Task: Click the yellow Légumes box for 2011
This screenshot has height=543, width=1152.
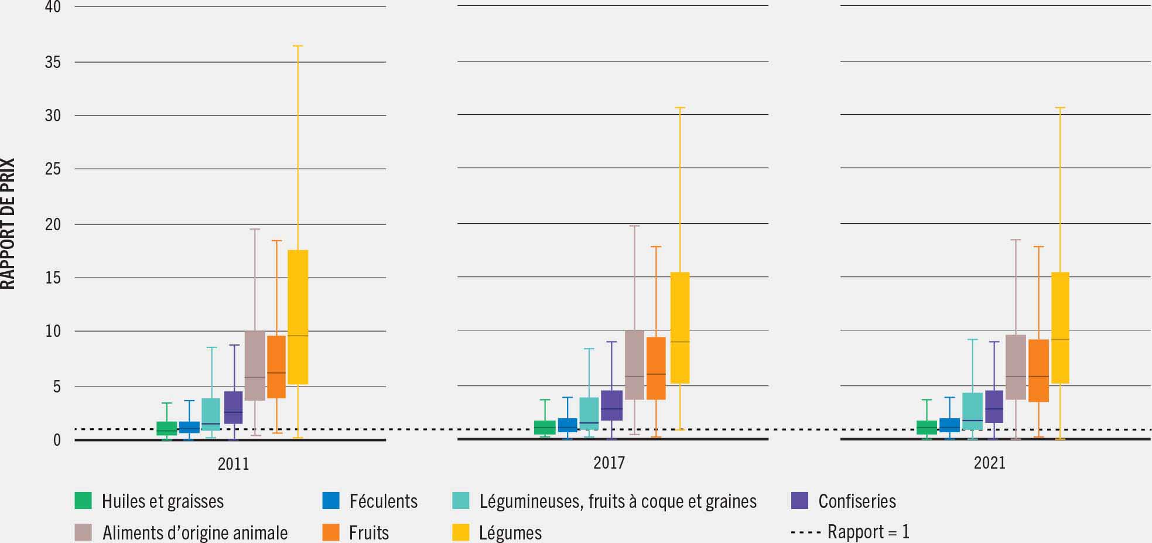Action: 298,316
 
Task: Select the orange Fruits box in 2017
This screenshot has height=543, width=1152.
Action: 656,368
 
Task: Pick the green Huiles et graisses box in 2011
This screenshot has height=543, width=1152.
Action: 166,428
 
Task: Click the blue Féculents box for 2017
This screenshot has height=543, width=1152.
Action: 567,425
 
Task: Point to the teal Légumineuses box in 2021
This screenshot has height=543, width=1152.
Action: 972,411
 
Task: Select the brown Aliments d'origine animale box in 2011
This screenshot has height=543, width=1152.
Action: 255,366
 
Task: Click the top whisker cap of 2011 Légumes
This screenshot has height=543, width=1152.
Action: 298,46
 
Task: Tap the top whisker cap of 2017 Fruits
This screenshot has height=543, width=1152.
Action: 656,247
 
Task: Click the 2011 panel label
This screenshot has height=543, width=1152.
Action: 233,464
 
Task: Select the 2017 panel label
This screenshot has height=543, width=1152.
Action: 609,463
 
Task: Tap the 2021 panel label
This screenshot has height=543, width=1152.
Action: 989,463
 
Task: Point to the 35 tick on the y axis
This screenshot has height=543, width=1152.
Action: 53,62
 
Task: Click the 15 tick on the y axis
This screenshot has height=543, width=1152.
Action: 53,278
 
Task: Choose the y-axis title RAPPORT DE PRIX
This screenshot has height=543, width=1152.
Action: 8,223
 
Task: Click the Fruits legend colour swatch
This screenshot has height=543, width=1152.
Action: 331,532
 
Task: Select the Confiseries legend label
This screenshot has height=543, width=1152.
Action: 857,501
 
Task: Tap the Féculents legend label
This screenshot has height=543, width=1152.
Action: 383,501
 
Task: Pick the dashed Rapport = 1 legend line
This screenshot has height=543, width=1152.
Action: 806,532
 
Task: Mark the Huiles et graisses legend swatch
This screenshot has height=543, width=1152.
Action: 83,501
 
